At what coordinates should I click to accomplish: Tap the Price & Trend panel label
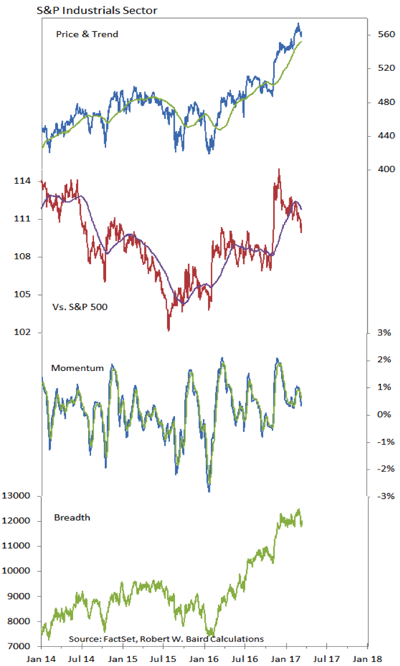click(87, 34)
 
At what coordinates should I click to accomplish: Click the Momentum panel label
click(77, 368)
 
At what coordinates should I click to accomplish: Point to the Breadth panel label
click(72, 517)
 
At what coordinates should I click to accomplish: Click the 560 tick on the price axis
click(387, 35)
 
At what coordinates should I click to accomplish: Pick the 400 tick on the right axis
click(387, 170)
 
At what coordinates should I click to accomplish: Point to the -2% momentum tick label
click(385, 469)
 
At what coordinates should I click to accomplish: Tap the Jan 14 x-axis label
click(42, 659)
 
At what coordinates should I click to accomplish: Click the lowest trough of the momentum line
click(209, 490)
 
